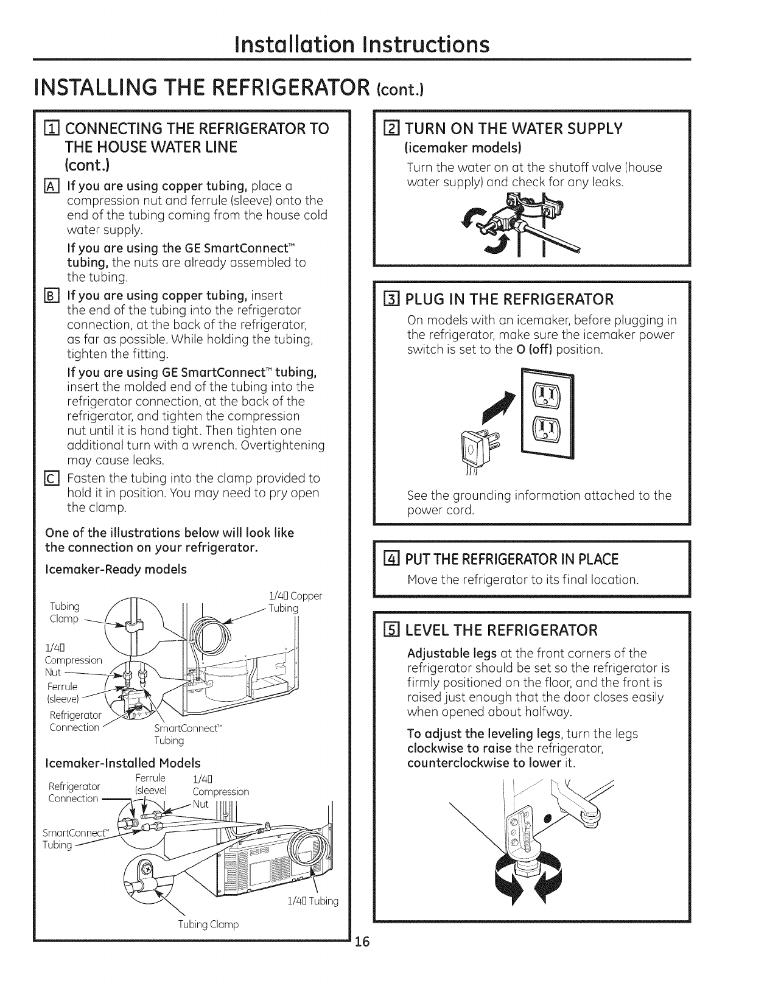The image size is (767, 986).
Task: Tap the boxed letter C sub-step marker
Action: click(x=52, y=478)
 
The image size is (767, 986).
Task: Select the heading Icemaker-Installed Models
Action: click(x=123, y=763)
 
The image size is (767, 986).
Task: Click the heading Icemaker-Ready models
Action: click(x=116, y=570)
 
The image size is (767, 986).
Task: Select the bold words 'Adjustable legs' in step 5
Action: click(x=452, y=654)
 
